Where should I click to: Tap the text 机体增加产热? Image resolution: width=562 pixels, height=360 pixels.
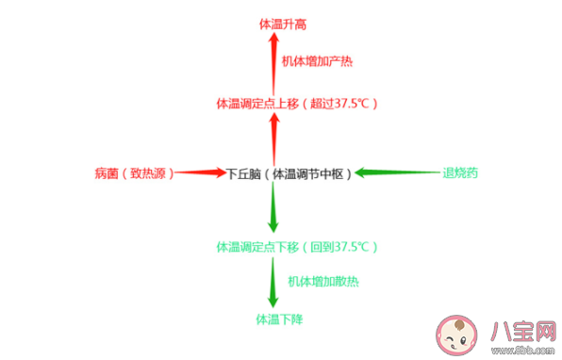[x=318, y=61]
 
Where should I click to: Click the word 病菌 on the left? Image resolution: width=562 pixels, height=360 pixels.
[x=106, y=173]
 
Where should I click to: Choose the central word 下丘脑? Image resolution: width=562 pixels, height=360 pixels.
[x=242, y=173]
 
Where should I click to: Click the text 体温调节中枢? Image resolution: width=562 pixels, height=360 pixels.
[x=308, y=173]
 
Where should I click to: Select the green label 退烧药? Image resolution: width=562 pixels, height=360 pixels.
[x=461, y=173]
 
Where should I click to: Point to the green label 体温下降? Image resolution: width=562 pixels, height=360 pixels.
[x=279, y=319]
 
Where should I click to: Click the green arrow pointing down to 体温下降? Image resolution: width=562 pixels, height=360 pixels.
[x=273, y=282]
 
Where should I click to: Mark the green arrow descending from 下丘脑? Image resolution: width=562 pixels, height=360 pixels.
[x=273, y=207]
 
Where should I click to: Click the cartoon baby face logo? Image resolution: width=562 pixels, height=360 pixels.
[x=459, y=332]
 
